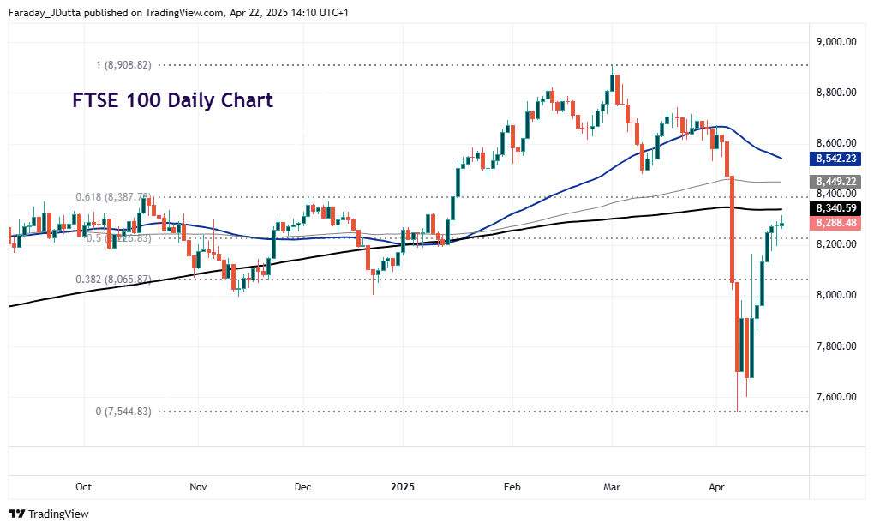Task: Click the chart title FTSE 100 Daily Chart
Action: click(171, 100)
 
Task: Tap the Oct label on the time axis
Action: click(83, 487)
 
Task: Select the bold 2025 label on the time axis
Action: click(403, 487)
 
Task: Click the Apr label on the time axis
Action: click(717, 487)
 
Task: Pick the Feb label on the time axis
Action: click(512, 487)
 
